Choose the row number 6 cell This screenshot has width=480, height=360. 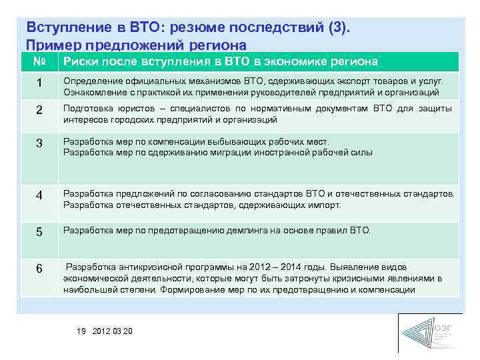tap(39, 269)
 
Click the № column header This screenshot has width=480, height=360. tap(39, 62)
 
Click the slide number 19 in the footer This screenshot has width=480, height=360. tap(81, 331)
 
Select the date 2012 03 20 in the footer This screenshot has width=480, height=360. tap(113, 331)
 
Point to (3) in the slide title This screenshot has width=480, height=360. tap(338, 28)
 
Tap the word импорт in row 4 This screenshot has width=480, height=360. tap(326, 205)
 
